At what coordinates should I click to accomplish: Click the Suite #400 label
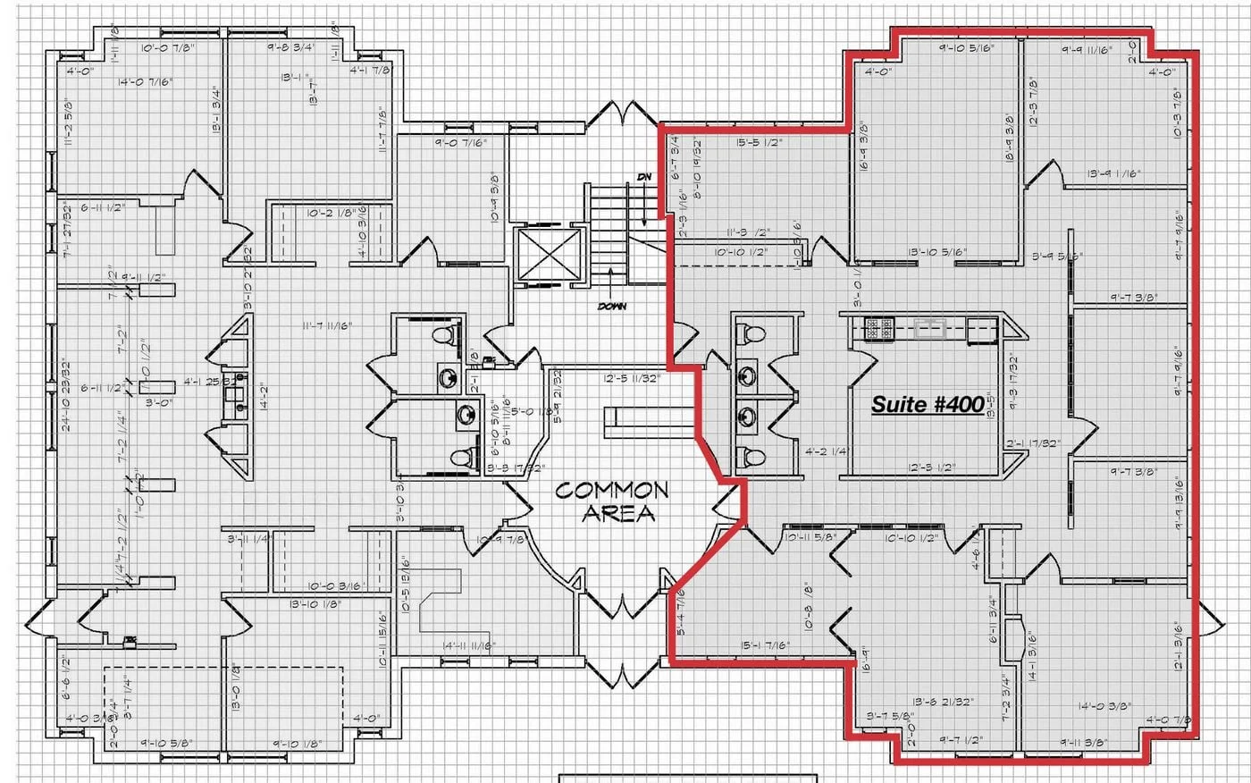928,404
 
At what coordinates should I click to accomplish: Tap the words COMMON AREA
611,501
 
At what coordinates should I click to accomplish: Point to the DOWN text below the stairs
612,307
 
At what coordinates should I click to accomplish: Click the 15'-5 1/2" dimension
760,142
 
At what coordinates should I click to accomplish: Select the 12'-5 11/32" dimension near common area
631,378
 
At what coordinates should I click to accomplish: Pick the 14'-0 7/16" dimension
145,81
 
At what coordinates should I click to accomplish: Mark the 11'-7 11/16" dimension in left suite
326,326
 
